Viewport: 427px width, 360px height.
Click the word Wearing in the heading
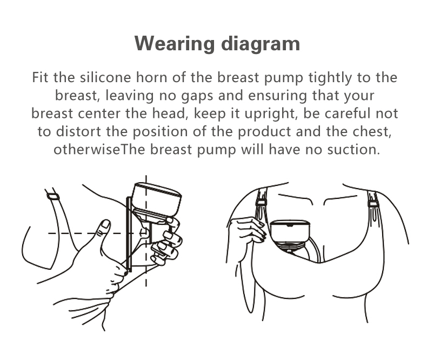pos(175,43)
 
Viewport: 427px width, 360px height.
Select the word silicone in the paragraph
pos(105,77)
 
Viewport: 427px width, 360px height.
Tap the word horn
pos(152,77)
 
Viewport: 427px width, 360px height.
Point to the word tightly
pos(330,78)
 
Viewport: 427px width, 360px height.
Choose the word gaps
pos(197,96)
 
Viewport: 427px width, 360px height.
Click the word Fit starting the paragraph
pos(40,77)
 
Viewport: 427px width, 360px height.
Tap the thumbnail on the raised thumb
pos(105,224)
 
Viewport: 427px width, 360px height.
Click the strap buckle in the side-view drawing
pos(53,196)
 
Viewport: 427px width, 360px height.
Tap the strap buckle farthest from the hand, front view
pos(373,204)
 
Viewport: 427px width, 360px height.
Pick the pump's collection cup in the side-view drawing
pos(157,199)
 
